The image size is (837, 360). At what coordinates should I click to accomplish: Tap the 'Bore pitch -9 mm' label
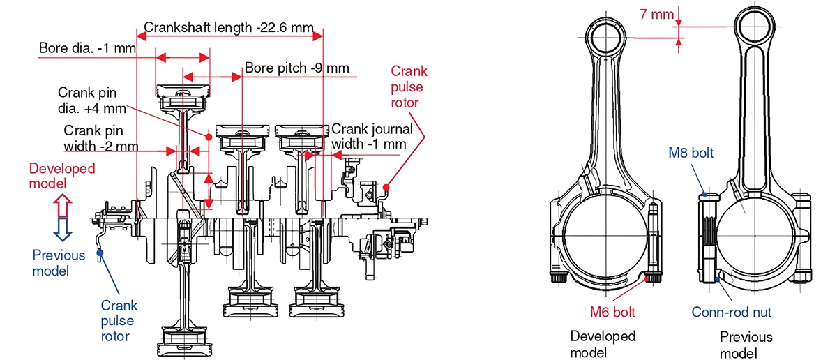point(296,68)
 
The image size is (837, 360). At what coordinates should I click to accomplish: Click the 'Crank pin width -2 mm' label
point(100,139)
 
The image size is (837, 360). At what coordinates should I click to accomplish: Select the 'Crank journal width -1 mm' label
point(371,136)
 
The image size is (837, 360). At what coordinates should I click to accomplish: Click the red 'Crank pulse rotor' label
point(409,87)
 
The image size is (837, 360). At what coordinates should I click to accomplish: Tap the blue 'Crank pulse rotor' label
point(119,321)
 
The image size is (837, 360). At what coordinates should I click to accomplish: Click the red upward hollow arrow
point(62,207)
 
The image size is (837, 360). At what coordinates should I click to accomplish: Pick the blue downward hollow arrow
point(62,227)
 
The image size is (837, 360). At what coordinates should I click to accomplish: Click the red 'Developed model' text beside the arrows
point(62,176)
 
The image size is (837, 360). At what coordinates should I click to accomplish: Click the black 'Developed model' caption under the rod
point(603,344)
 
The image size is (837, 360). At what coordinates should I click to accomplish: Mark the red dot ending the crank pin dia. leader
point(209,135)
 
